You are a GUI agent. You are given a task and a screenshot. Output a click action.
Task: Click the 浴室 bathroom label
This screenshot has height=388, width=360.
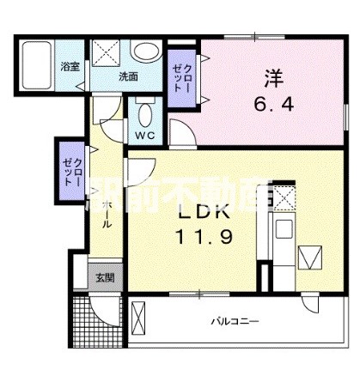tap(69, 65)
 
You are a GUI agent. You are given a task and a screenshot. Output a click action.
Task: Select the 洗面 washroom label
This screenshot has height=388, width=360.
tap(127, 76)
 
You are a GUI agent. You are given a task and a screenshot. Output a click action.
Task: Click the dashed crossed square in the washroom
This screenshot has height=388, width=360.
tap(107, 52)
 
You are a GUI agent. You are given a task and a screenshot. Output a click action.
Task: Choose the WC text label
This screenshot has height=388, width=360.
tap(143, 136)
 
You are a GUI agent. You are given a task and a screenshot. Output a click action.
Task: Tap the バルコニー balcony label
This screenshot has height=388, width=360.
tap(236, 322)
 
